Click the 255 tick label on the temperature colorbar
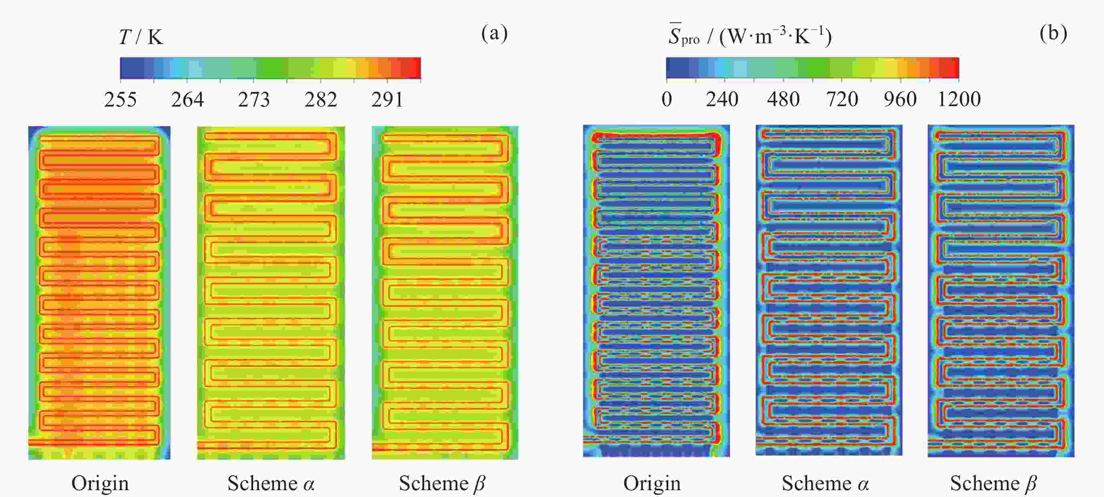tap(121, 100)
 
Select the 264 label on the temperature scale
tap(187, 100)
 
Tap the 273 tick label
tap(254, 100)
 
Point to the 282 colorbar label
tap(320, 100)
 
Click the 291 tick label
tap(387, 100)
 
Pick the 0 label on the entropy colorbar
tap(667, 99)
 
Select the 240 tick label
tap(722, 99)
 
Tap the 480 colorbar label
tap(783, 99)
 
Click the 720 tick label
tap(842, 99)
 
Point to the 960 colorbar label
tap(900, 99)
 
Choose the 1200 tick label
tap(959, 99)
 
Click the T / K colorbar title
tap(141, 37)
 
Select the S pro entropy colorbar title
tap(750, 36)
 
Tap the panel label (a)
tap(494, 33)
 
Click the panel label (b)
tap(1054, 33)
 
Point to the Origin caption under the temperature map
tap(100, 483)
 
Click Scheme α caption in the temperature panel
tap(271, 483)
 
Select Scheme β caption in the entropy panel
tap(993, 483)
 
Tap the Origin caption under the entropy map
tap(652, 483)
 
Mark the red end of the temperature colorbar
tap(416, 68)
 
